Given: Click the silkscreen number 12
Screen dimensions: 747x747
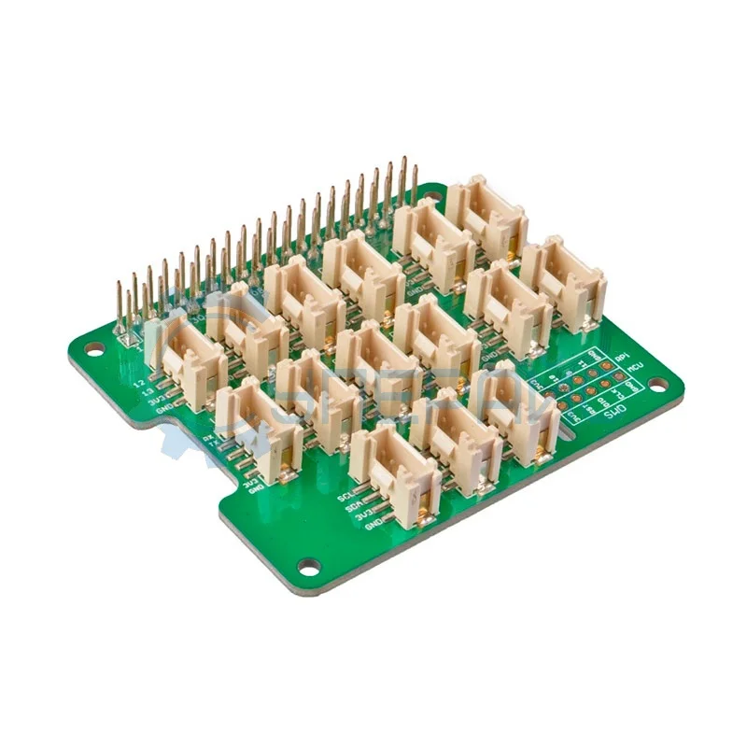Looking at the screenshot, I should [139, 383].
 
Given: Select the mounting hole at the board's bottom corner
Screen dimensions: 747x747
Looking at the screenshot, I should [308, 565].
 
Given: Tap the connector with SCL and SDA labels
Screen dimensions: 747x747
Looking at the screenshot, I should [397, 475].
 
